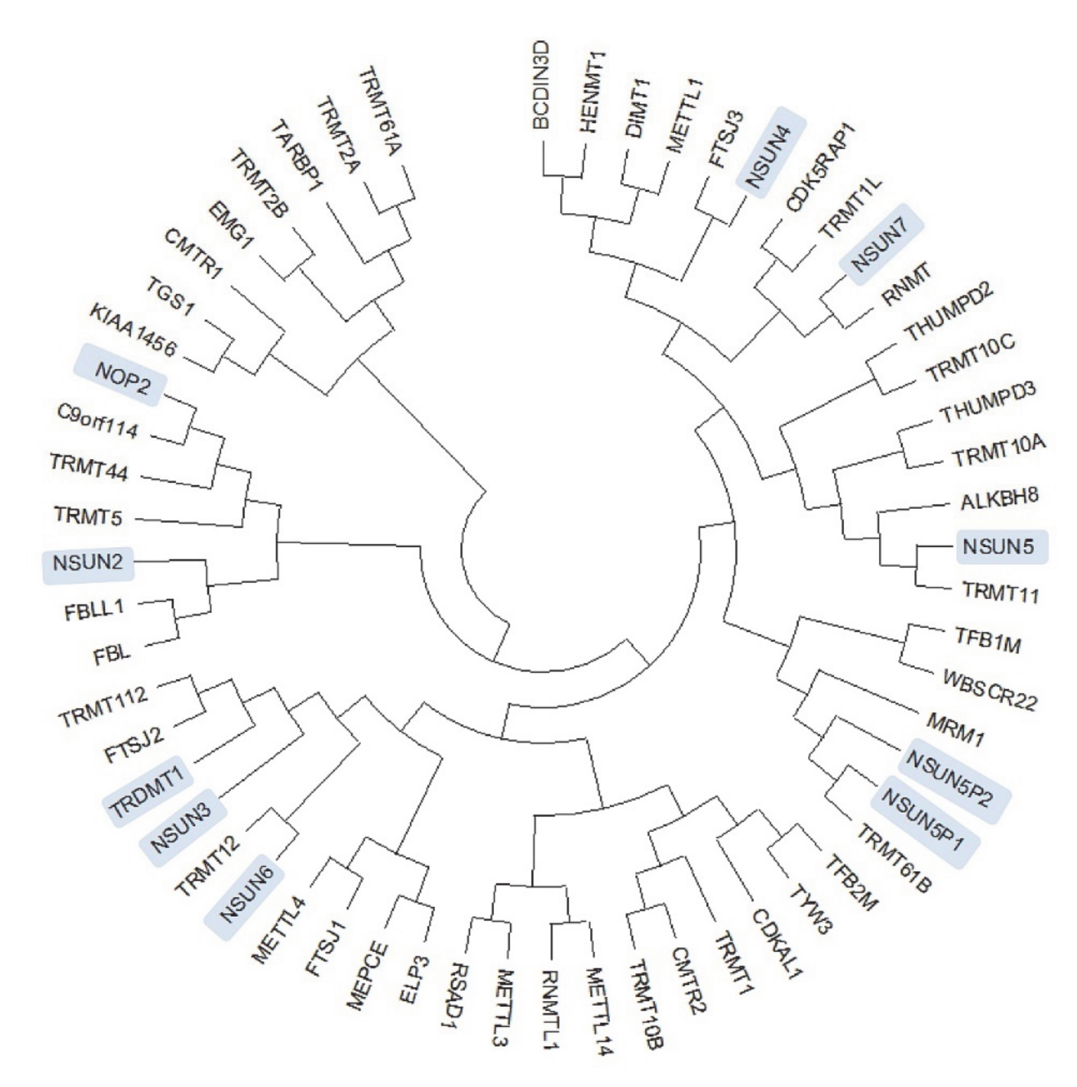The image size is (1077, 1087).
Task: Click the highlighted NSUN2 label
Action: coord(88,563)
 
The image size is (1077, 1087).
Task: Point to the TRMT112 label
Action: coord(104,706)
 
